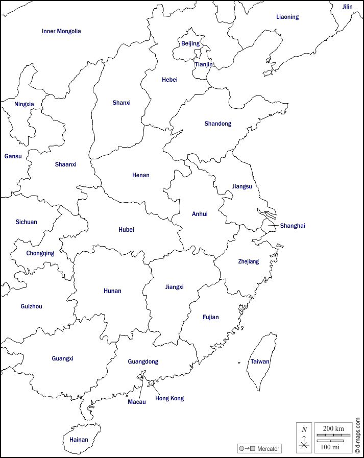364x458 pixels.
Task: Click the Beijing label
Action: click(x=190, y=44)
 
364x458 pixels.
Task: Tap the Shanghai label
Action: click(x=292, y=226)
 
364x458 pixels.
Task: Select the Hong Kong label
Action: click(x=169, y=398)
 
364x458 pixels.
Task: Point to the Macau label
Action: click(x=137, y=402)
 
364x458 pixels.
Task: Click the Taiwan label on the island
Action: click(x=260, y=361)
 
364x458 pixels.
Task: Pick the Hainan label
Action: click(x=79, y=440)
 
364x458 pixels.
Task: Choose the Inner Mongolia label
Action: click(x=61, y=31)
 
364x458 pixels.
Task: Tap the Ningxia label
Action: click(x=24, y=105)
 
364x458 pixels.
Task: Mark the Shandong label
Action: click(x=218, y=124)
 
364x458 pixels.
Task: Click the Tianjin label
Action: click(x=204, y=64)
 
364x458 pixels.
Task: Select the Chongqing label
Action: click(x=40, y=253)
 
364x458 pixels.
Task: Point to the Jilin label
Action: click(x=347, y=7)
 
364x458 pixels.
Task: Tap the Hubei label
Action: click(x=126, y=230)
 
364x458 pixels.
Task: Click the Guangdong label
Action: click(x=143, y=361)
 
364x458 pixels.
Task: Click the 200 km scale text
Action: click(x=333, y=428)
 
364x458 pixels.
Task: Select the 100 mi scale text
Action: click(x=330, y=447)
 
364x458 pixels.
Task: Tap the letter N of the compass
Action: click(x=304, y=429)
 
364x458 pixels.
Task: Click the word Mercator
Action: click(x=269, y=449)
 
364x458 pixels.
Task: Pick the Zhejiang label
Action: click(x=249, y=261)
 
